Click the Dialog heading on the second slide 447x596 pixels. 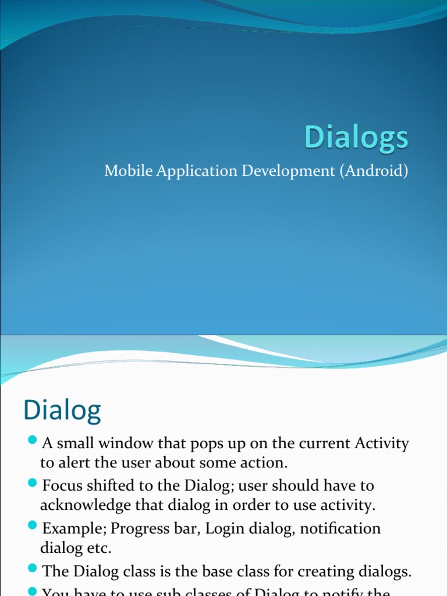62,411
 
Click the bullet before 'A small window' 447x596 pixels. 33,439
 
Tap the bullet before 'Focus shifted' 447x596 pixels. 33,483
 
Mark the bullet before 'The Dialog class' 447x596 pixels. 33,569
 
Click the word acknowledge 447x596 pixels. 83,506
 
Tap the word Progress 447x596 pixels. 138,530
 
